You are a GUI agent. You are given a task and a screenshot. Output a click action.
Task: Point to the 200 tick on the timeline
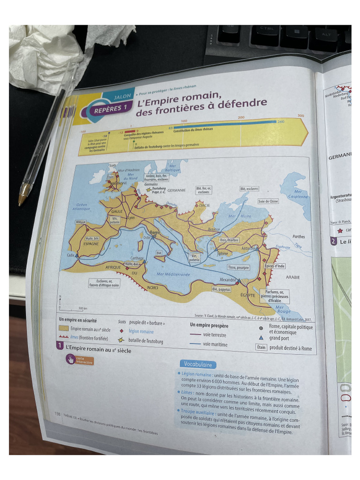(241, 117)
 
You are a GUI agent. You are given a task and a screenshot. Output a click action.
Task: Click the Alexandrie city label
(228, 279)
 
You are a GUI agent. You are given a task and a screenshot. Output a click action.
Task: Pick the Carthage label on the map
(137, 258)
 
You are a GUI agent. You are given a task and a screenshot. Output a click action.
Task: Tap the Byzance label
(214, 229)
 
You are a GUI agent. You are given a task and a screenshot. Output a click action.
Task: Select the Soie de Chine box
(268, 201)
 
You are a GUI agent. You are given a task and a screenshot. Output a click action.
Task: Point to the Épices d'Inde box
(275, 266)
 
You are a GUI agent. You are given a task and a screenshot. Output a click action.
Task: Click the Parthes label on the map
(299, 237)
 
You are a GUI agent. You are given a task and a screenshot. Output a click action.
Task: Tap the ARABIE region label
(293, 277)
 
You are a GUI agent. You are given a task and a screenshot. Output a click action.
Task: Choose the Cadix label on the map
(71, 255)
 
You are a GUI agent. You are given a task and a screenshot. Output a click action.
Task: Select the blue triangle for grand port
(261, 337)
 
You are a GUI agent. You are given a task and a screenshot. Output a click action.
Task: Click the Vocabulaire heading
(198, 364)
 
